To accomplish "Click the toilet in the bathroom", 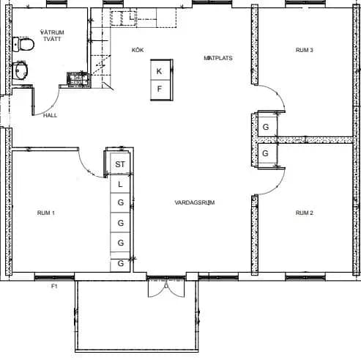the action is click(23, 44).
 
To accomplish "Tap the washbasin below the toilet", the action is click(20, 70).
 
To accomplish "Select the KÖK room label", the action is click(138, 50).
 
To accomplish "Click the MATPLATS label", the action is click(218, 58).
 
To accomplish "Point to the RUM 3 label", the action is click(305, 50).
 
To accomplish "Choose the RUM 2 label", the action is click(305, 213).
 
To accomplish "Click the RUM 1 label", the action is click(46, 213).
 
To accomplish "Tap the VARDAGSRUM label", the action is click(195, 202).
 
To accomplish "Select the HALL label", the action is click(50, 115).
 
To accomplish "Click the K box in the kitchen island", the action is click(160, 70).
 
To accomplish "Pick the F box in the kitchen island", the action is click(160, 89).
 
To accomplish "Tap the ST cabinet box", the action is click(120, 164).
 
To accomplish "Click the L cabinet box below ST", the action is click(120, 184).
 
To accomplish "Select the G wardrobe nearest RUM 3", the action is click(266, 127).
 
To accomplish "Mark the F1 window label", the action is click(54, 286).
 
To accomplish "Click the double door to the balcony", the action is click(166, 288).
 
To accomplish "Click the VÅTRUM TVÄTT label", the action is click(52, 36).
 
